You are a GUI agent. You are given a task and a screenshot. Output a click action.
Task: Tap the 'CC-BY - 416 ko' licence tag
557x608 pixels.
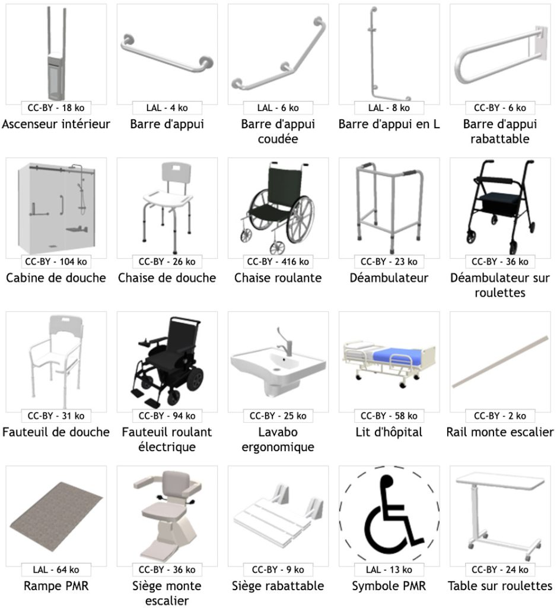278,261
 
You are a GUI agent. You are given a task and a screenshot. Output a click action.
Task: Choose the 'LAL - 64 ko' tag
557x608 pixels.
56,569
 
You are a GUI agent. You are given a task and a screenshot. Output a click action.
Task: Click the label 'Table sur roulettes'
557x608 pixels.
499,586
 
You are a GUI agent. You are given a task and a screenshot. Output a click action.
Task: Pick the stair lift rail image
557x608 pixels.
499,362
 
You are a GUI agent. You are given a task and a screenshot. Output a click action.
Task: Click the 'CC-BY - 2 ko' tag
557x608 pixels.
499,416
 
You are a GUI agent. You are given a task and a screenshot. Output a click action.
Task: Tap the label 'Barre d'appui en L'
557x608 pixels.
389,124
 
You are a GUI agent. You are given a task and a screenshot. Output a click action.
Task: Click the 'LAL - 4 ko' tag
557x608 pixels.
167,107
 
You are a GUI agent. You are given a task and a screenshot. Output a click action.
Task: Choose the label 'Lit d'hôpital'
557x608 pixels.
389,432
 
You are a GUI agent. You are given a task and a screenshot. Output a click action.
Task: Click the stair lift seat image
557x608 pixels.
167,514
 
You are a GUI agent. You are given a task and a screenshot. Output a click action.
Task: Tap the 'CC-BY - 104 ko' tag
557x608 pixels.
56,261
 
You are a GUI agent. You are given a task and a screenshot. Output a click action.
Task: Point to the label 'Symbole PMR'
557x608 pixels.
389,586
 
